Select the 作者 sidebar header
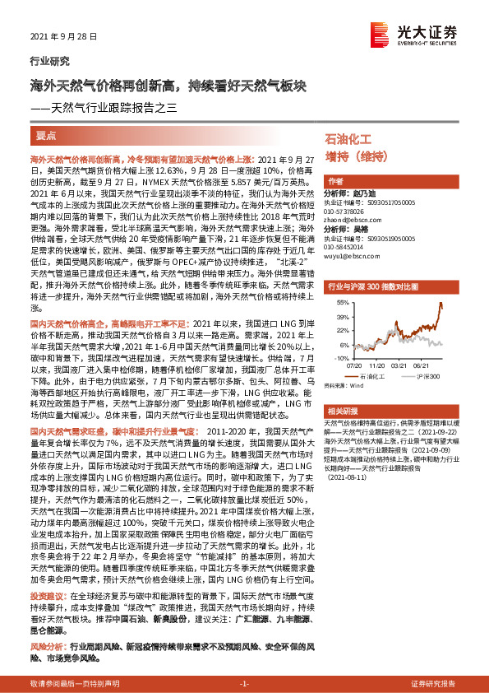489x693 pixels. point(335,182)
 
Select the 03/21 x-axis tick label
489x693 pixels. point(399,365)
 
